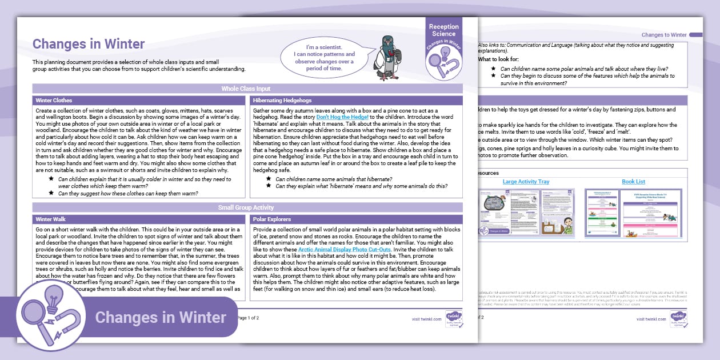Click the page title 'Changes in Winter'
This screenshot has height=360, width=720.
tap(89, 44)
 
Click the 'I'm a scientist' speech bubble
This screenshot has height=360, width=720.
tap(323, 58)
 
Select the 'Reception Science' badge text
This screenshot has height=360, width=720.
tap(443, 30)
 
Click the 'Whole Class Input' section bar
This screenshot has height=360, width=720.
tap(246, 89)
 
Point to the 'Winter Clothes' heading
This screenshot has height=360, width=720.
tap(54, 100)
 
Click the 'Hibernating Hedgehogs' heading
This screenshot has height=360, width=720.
tap(282, 100)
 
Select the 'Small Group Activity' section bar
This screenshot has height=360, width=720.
tap(246, 207)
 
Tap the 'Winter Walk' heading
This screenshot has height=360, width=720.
tap(50, 219)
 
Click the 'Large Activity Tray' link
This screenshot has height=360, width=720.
tap(526, 182)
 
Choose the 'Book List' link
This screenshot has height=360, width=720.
tap(633, 182)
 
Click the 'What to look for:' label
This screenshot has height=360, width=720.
tap(498, 59)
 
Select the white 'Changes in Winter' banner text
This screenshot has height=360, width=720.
tap(160, 317)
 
